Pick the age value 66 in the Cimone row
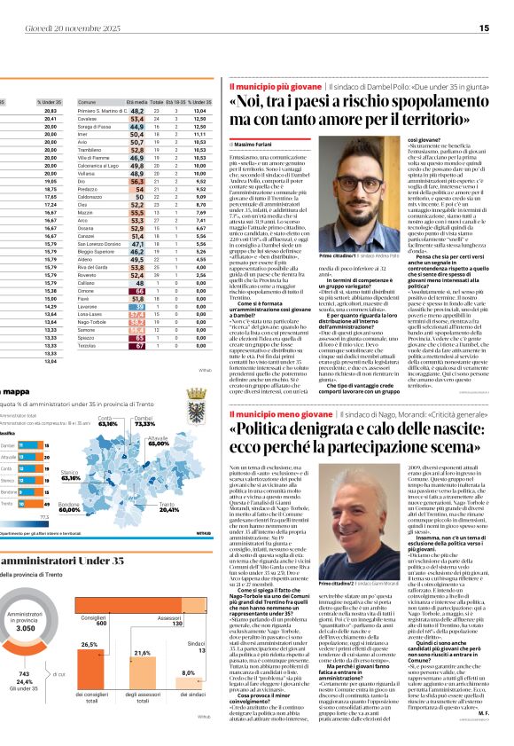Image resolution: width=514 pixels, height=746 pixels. click(136, 290)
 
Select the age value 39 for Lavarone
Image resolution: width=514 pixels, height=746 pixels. click(137, 306)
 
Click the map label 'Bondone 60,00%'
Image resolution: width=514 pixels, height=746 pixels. click(71, 508)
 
